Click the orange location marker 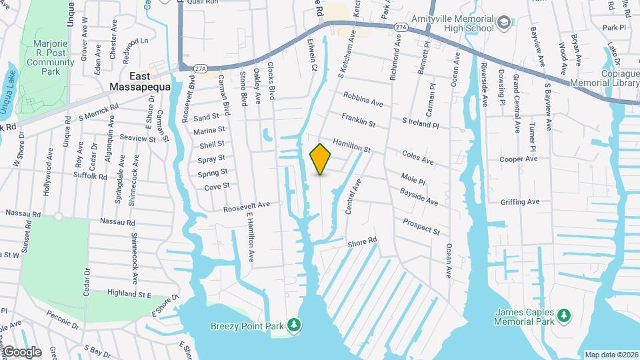[321, 159]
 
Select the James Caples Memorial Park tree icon [564, 315]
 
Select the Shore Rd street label [362, 243]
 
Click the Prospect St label [421, 226]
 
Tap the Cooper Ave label [519, 159]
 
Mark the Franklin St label [359, 121]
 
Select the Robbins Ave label [363, 99]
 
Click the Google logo [21, 351]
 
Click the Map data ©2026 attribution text [611, 355]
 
